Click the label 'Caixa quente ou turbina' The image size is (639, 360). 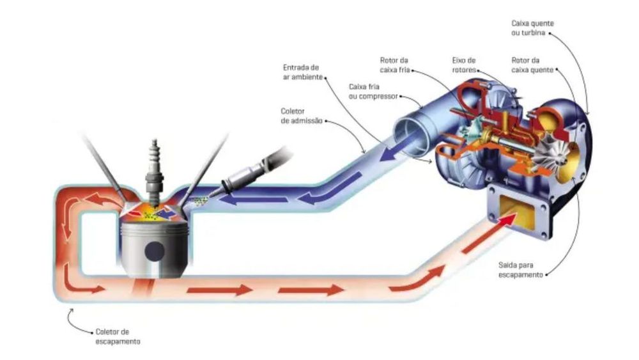(532, 28)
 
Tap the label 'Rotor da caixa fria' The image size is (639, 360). (394, 65)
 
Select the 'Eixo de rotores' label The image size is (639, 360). (464, 65)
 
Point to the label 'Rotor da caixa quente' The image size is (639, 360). (532, 65)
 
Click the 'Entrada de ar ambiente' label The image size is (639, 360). (302, 72)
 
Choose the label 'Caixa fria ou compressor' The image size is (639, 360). (373, 91)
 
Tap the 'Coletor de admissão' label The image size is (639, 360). (301, 116)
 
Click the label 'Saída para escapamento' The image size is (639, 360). (520, 270)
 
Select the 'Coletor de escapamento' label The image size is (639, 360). (118, 336)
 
